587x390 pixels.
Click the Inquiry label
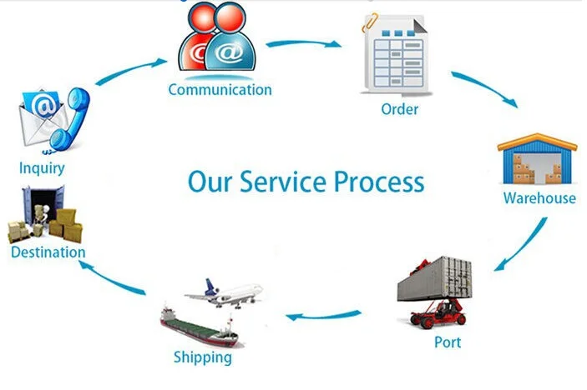pos(42,168)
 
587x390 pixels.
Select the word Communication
pos(220,90)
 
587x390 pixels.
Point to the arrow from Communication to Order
pos(303,43)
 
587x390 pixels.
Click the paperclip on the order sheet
pos(369,22)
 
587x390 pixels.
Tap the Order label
pos(399,109)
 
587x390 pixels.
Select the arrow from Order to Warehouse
pos(485,88)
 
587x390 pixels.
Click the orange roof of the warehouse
pos(537,142)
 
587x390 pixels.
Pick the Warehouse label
pos(539,198)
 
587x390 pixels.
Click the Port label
pos(448,342)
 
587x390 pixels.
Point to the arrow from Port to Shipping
pos(323,316)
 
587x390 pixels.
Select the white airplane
pos(225,293)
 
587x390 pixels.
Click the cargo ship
pos(199,326)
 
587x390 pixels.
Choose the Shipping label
pos(203,357)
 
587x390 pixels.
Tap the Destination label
pos(48,252)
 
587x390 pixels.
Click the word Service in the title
pos(282,182)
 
